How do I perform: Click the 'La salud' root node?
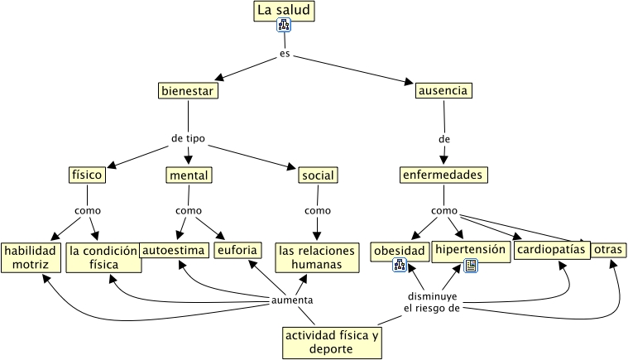(x=284, y=11)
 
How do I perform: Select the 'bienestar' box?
(x=188, y=90)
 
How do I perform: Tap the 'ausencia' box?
(x=443, y=90)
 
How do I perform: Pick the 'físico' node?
(x=87, y=175)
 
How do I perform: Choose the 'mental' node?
(x=189, y=175)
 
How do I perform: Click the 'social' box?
(x=317, y=175)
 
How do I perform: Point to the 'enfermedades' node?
(x=443, y=175)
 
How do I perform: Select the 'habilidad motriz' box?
(x=31, y=257)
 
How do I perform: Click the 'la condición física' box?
(x=103, y=257)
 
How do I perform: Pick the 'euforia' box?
(x=238, y=250)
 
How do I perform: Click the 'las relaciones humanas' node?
(x=316, y=257)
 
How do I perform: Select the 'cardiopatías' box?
(x=551, y=249)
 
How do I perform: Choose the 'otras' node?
(x=608, y=250)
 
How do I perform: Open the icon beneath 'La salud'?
(x=284, y=26)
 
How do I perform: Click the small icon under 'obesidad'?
(x=400, y=265)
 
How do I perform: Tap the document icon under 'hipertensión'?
(x=470, y=265)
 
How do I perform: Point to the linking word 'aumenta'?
(x=292, y=300)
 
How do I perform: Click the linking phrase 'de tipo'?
(x=188, y=138)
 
